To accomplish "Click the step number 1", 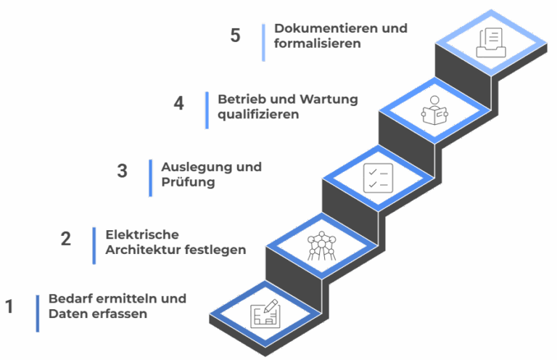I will point(9,307).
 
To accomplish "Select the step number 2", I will point(65,238).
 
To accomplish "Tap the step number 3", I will point(122,171).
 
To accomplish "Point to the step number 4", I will point(179,103).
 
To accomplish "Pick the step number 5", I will point(235,35).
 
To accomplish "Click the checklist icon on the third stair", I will point(378,178).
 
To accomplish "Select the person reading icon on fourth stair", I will point(434,110).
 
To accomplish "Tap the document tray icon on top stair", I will point(490,42).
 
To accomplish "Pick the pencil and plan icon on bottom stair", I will point(265,314).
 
